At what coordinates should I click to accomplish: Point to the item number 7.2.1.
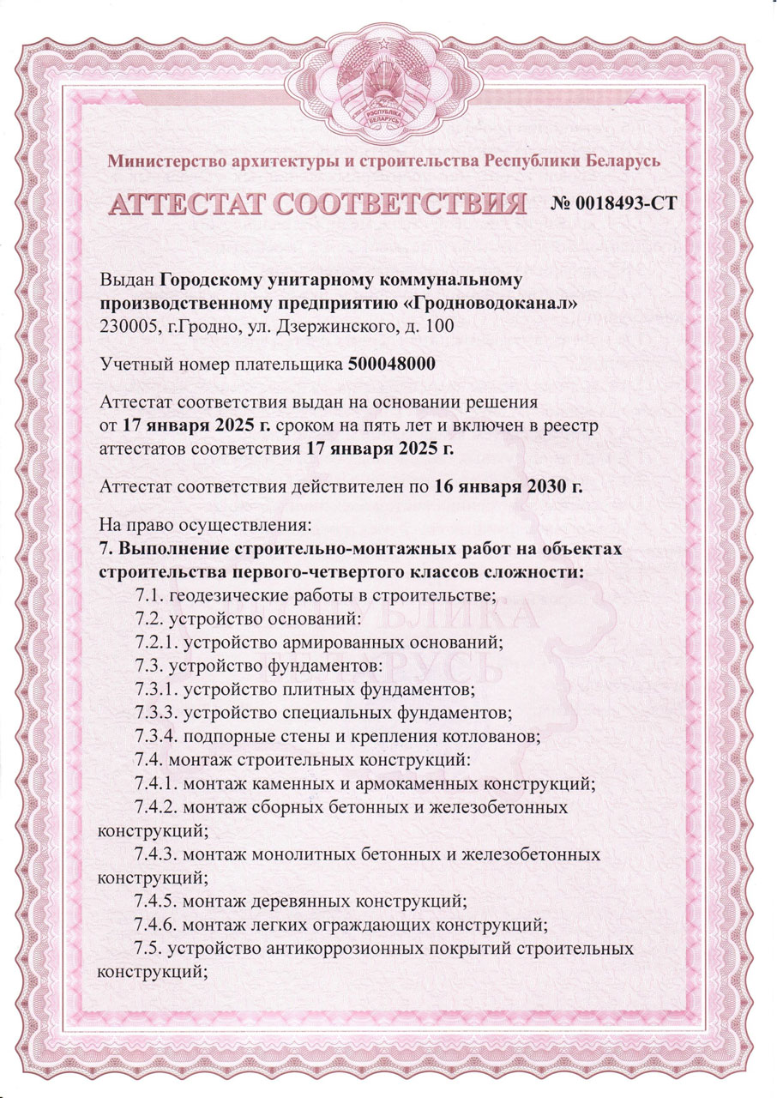pyautogui.click(x=155, y=642)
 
